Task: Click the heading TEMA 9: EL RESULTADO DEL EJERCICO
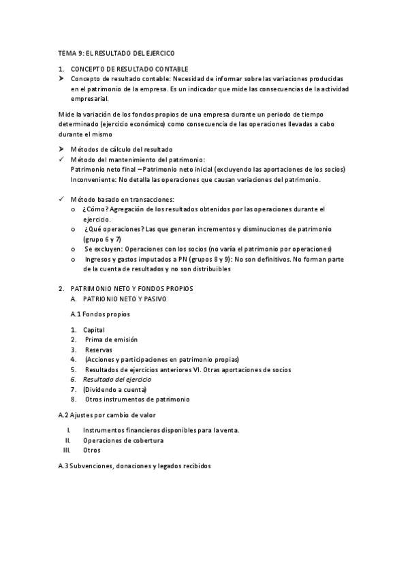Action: coord(116,52)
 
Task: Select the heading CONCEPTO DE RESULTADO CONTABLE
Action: coord(129,70)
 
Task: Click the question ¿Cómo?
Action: coord(93,209)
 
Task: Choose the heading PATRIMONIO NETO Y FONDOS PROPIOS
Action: coord(131,288)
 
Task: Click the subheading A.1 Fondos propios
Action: coord(100,314)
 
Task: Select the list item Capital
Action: coord(93,330)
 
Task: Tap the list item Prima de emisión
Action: coord(111,339)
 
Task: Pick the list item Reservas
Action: coord(99,350)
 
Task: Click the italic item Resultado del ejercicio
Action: coord(117,379)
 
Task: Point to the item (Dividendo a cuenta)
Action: coord(114,389)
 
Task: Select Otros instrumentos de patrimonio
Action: coord(137,399)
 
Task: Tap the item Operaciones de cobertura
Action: coord(123,440)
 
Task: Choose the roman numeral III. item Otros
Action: coord(91,451)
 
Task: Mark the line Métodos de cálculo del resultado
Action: coord(121,149)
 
